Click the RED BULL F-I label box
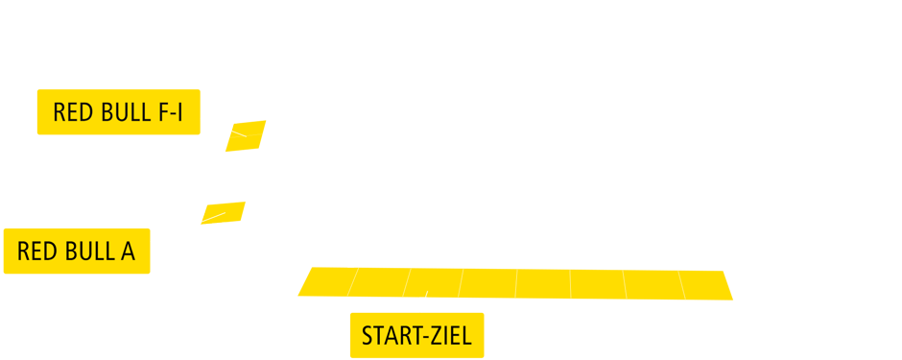tap(118, 112)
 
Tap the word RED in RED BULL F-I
tap(73, 113)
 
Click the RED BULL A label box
tap(77, 252)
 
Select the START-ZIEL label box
tap(416, 336)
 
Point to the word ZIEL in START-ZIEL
tap(453, 337)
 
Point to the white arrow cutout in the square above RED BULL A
tap(214, 216)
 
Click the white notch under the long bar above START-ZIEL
tap(423, 298)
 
